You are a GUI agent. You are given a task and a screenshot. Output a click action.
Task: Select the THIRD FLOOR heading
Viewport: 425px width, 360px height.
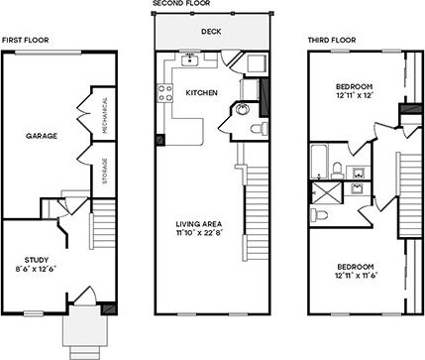coord(330,40)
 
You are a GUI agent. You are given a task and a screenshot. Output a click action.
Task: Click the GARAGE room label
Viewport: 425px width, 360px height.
coord(42,135)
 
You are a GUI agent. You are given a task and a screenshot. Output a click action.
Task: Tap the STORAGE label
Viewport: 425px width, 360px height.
coord(104,171)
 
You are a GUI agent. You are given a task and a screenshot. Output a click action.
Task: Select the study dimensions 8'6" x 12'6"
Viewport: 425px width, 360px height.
coord(36,269)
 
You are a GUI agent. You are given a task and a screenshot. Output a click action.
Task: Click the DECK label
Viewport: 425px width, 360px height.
coord(210,32)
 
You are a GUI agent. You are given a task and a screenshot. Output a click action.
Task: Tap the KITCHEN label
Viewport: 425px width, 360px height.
coord(201,92)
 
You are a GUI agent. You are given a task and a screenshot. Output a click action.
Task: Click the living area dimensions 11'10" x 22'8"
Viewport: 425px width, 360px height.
coord(197,234)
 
